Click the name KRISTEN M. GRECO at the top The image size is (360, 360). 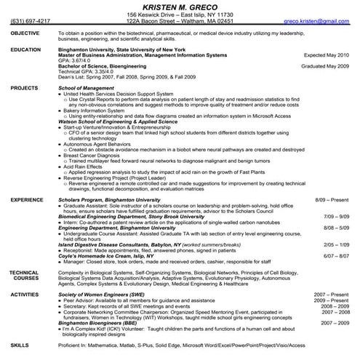click(x=180, y=6)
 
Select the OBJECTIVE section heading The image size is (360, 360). click(x=25, y=33)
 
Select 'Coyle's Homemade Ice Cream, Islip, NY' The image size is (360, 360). click(x=105, y=255)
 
